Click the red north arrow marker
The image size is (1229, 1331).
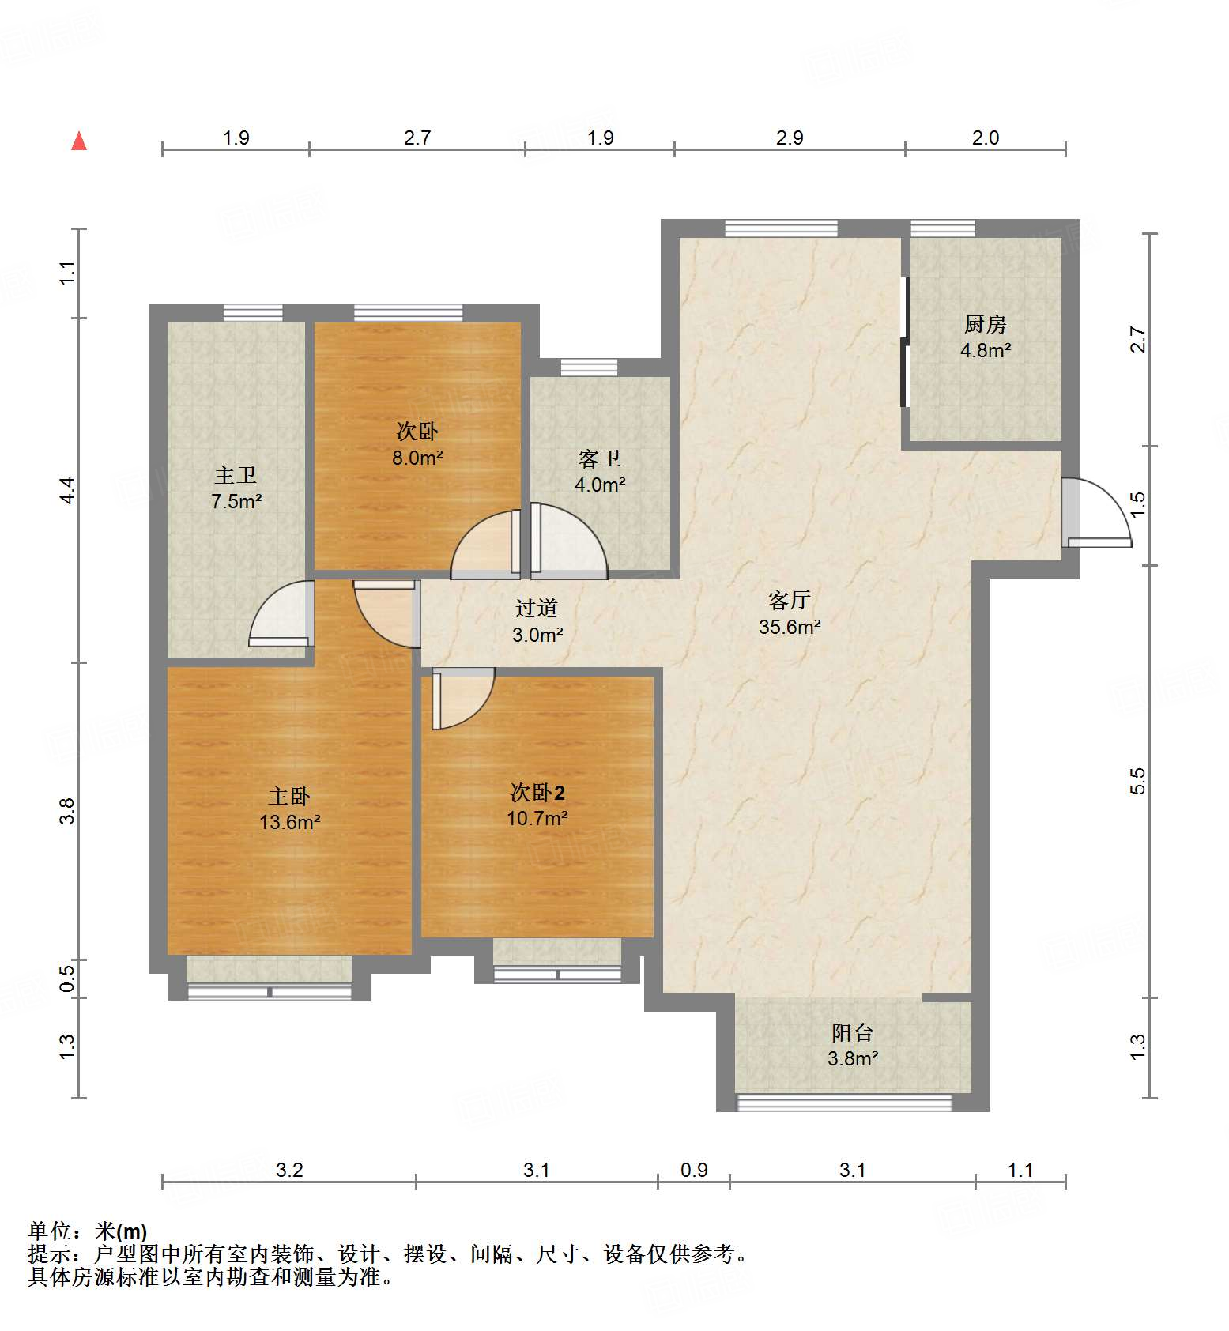coord(79,141)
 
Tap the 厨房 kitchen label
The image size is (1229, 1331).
coord(985,324)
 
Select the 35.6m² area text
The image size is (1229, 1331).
coord(790,627)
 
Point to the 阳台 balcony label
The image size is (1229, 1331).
coord(852,1032)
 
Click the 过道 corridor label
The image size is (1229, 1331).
coord(537,608)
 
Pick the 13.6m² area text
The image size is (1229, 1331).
coord(290,822)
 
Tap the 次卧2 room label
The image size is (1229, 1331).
coord(537,792)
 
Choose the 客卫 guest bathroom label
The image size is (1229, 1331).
coord(599,458)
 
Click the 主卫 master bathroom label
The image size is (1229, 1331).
coord(236,475)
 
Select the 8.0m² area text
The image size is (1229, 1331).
coord(417,458)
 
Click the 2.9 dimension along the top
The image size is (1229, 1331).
coord(790,138)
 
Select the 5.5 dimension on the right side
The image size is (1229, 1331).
coord(1137,781)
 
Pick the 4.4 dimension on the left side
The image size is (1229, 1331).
coord(68,490)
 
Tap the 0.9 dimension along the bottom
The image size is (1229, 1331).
coord(694,1170)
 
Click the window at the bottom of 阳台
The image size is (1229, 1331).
coord(844,1102)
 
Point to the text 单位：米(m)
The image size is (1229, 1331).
coord(87,1231)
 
